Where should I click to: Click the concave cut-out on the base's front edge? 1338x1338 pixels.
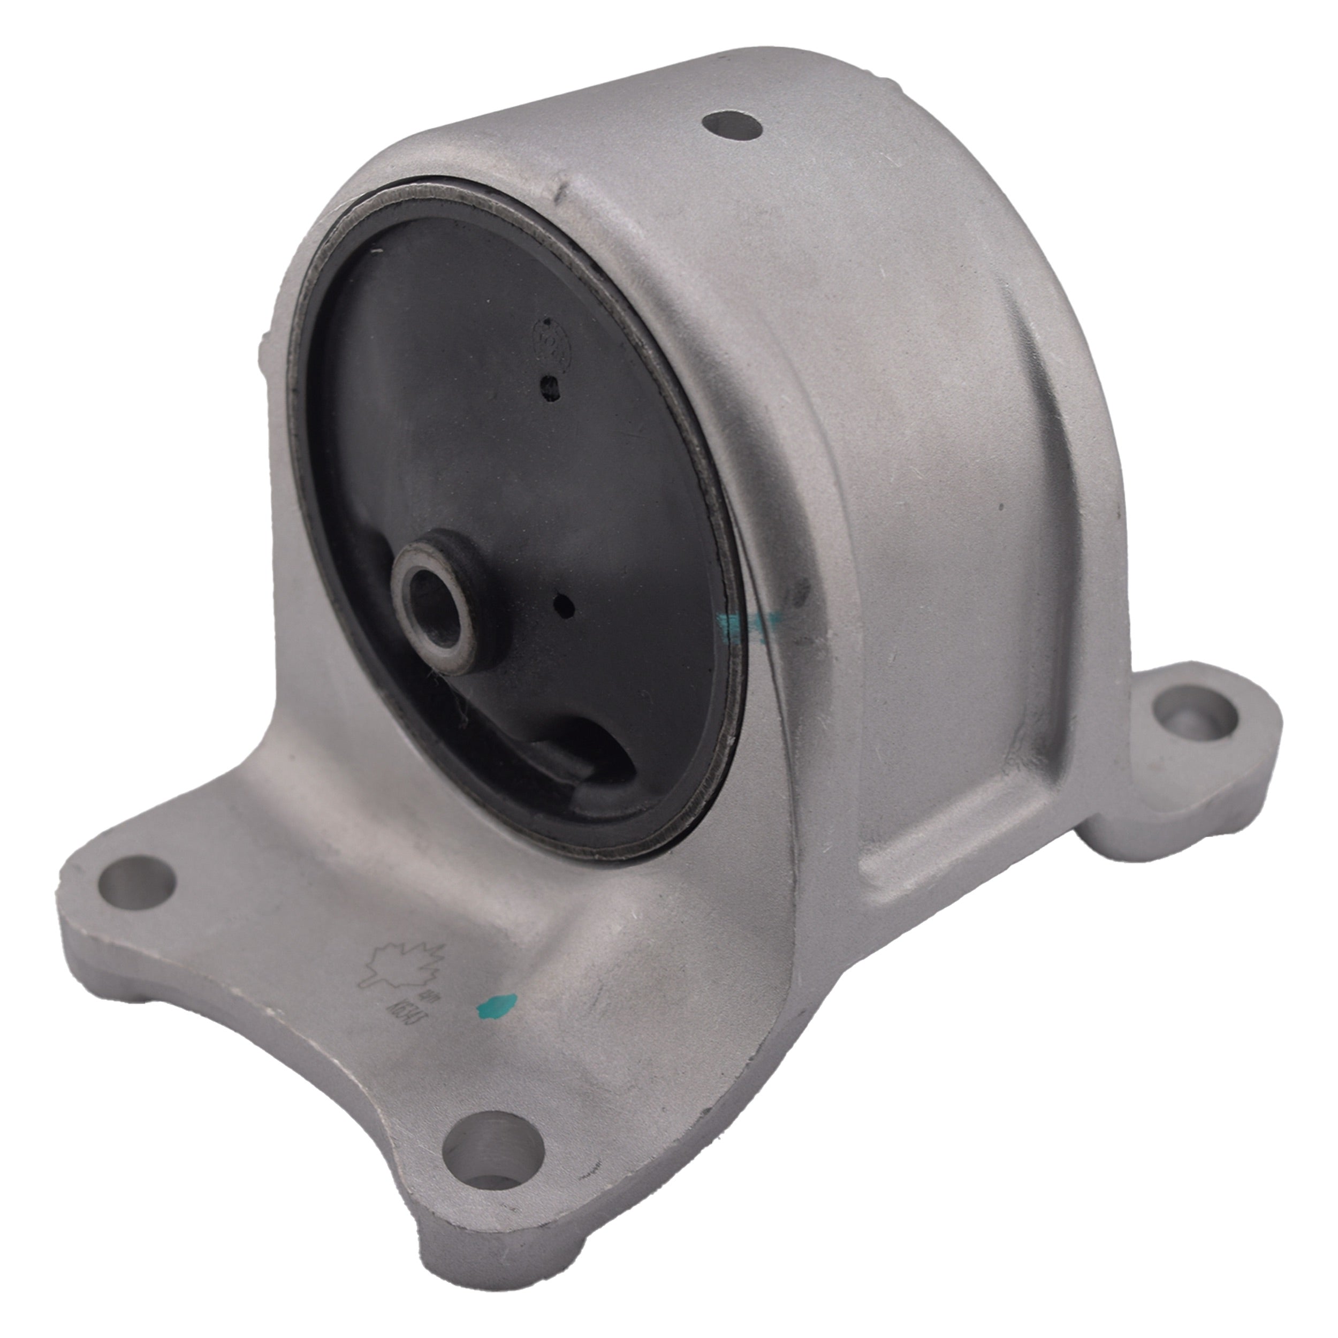tap(277, 1081)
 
